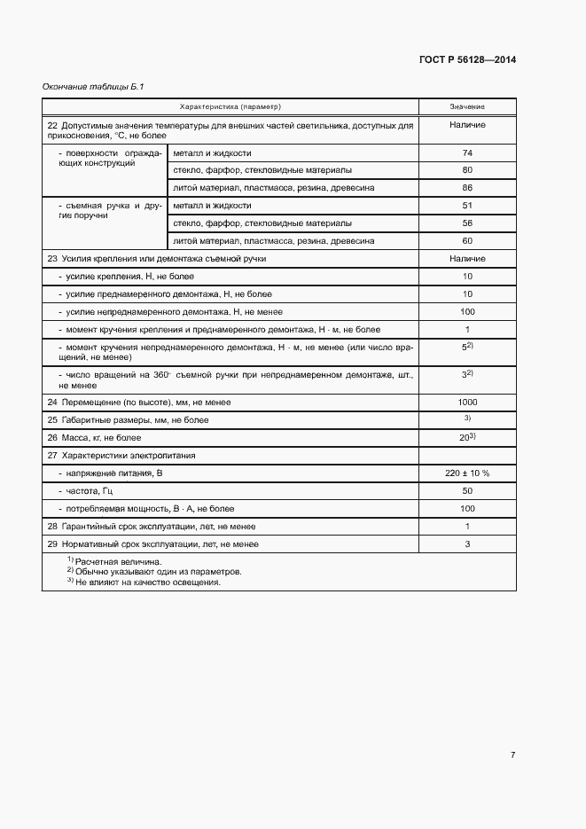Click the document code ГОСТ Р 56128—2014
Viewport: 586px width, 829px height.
pyautogui.click(x=467, y=59)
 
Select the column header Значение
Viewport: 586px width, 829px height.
pyautogui.click(x=467, y=106)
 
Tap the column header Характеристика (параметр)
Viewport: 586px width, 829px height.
pyautogui.click(x=230, y=106)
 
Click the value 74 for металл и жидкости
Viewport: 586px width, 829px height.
pyautogui.click(x=467, y=153)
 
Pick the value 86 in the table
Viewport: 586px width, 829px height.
pyautogui.click(x=467, y=188)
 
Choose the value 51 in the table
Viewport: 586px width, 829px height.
pyautogui.click(x=467, y=206)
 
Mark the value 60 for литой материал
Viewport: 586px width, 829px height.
pyautogui.click(x=467, y=240)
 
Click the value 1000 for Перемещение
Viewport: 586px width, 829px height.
pyautogui.click(x=467, y=402)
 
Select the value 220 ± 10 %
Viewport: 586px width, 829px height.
pyautogui.click(x=467, y=473)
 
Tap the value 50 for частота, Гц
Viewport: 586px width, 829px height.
pyautogui.click(x=467, y=490)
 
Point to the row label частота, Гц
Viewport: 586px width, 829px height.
pyautogui.click(x=86, y=490)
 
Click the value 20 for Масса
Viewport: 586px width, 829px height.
pyautogui.click(x=465, y=437)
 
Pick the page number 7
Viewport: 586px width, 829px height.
pyautogui.click(x=512, y=755)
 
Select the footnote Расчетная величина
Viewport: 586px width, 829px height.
pyautogui.click(x=117, y=562)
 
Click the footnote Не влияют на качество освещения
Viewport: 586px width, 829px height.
pyautogui.click(x=147, y=583)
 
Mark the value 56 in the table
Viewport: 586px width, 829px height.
pyautogui.click(x=467, y=223)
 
